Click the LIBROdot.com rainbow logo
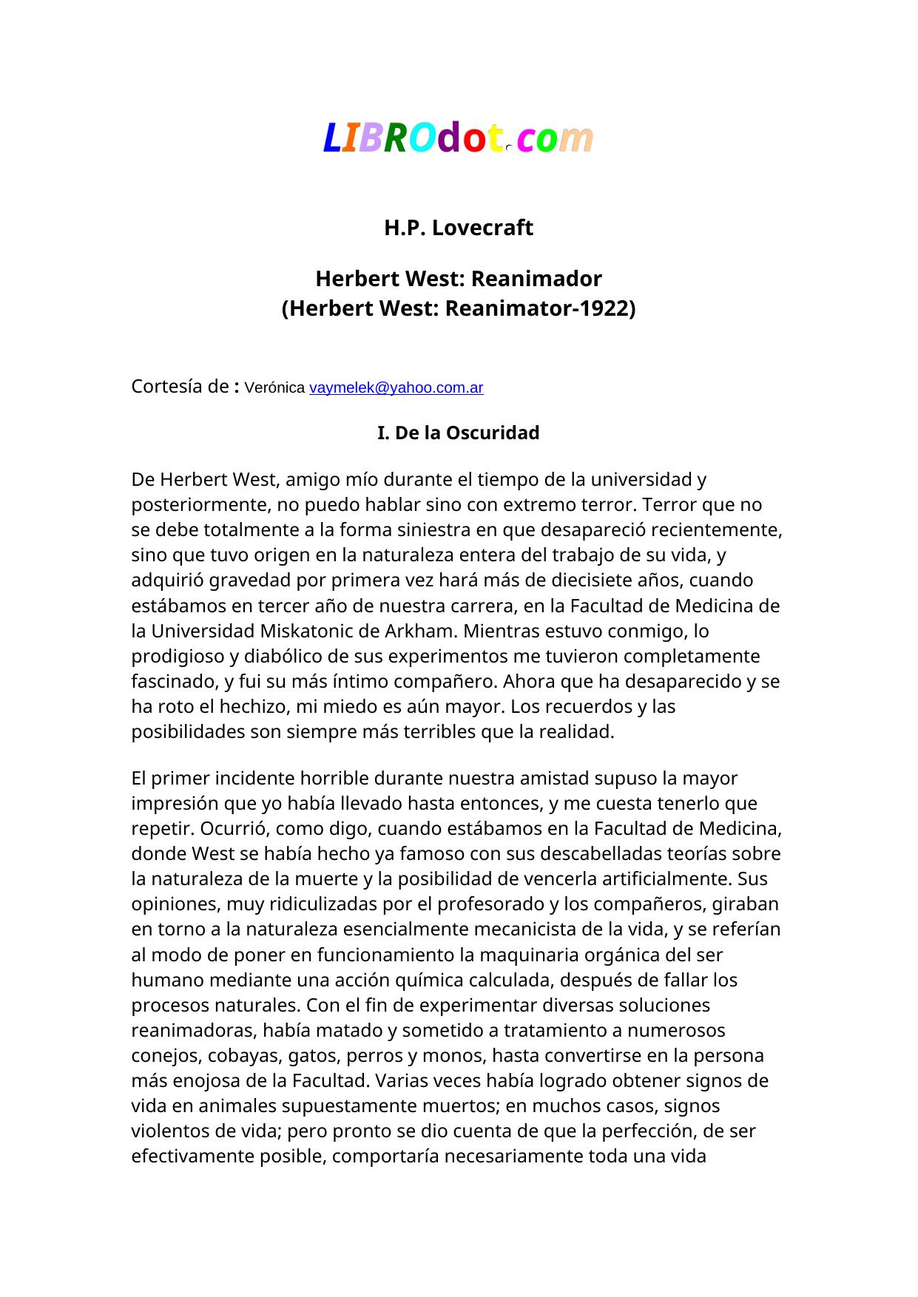458,138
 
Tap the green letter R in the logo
396,138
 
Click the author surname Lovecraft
482,228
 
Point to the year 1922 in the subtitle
604,308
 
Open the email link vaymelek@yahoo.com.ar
396,387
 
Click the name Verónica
274,387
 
